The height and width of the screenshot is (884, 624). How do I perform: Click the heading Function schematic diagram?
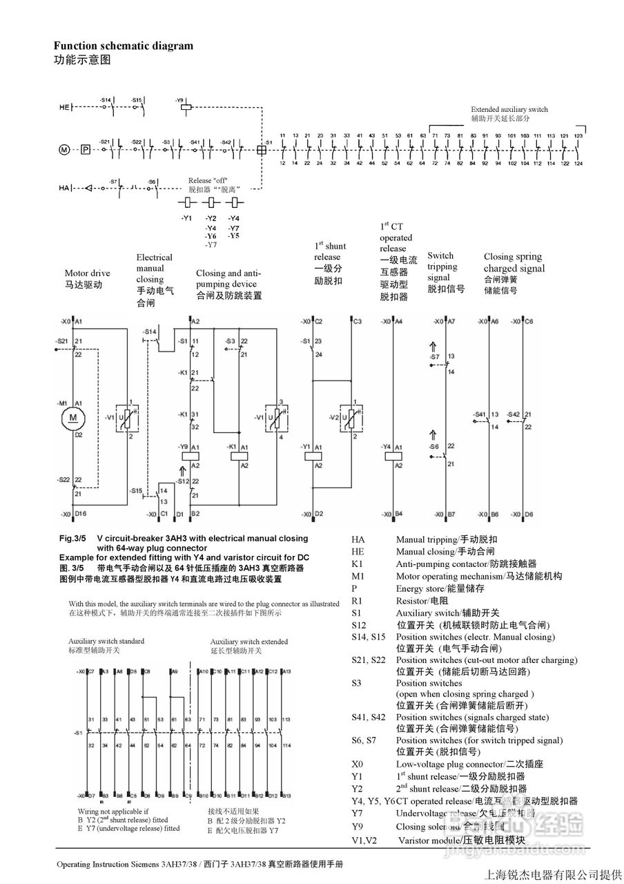pyautogui.click(x=124, y=46)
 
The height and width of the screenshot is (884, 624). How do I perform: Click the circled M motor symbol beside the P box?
pyautogui.click(x=64, y=149)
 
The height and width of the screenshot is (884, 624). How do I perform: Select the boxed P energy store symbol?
pyautogui.click(x=85, y=149)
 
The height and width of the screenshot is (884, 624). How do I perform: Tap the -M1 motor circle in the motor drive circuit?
pyautogui.click(x=72, y=417)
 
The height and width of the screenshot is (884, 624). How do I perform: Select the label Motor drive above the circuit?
pyautogui.click(x=88, y=273)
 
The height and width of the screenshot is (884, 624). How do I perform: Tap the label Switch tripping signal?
pyautogui.click(x=442, y=267)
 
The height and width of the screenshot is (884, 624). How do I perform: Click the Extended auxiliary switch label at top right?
pyautogui.click(x=509, y=109)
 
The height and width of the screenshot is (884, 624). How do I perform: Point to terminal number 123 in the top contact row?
pyautogui.click(x=578, y=136)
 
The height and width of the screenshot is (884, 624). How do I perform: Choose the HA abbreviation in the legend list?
pyautogui.click(x=358, y=539)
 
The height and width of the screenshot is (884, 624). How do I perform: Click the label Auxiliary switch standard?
pyautogui.click(x=106, y=641)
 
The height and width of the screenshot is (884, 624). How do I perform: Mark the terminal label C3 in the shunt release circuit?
pyautogui.click(x=357, y=322)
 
